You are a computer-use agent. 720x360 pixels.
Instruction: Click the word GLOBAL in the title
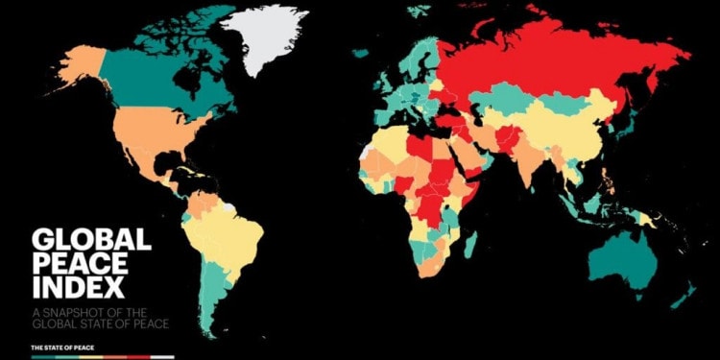tap(91, 240)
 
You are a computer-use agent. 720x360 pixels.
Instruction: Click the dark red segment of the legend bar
tap(138, 356)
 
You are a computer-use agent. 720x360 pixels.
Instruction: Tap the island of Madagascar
tap(470, 245)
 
